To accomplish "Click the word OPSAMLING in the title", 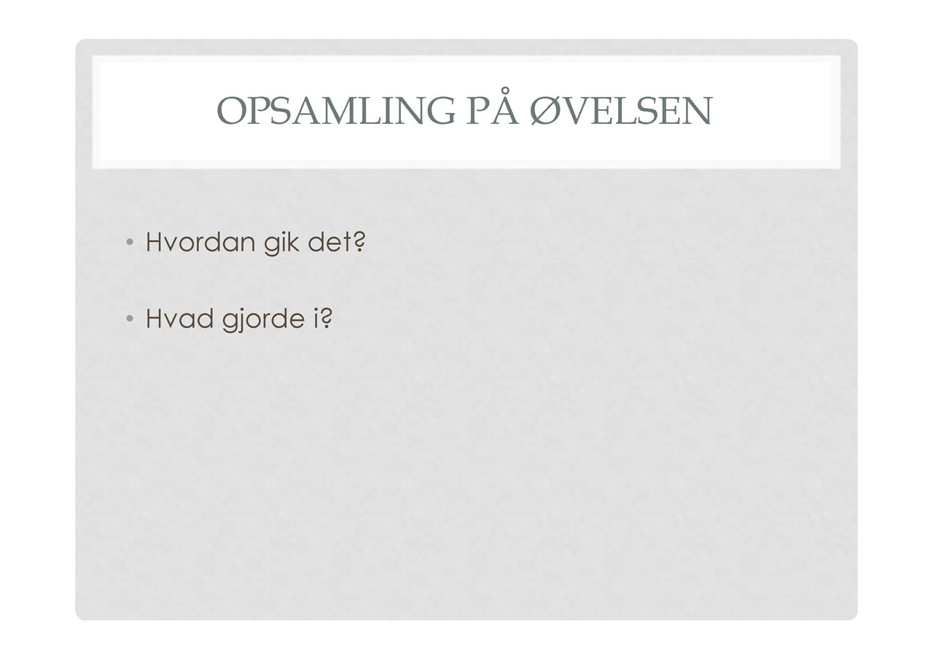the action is coord(336,111).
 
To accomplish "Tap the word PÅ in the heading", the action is coord(493,106).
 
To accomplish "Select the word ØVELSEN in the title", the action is coord(621,111).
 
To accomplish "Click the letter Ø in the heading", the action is coord(547,111).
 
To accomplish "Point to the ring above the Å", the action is coord(504,91).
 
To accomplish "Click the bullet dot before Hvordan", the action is coord(130,241).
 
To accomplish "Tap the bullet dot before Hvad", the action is coord(130,319).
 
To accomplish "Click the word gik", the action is coord(281,243).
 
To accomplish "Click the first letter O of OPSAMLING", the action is coord(232,111).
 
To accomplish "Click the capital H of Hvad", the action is coord(154,319).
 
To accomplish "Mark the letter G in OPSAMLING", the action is coord(441,111).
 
